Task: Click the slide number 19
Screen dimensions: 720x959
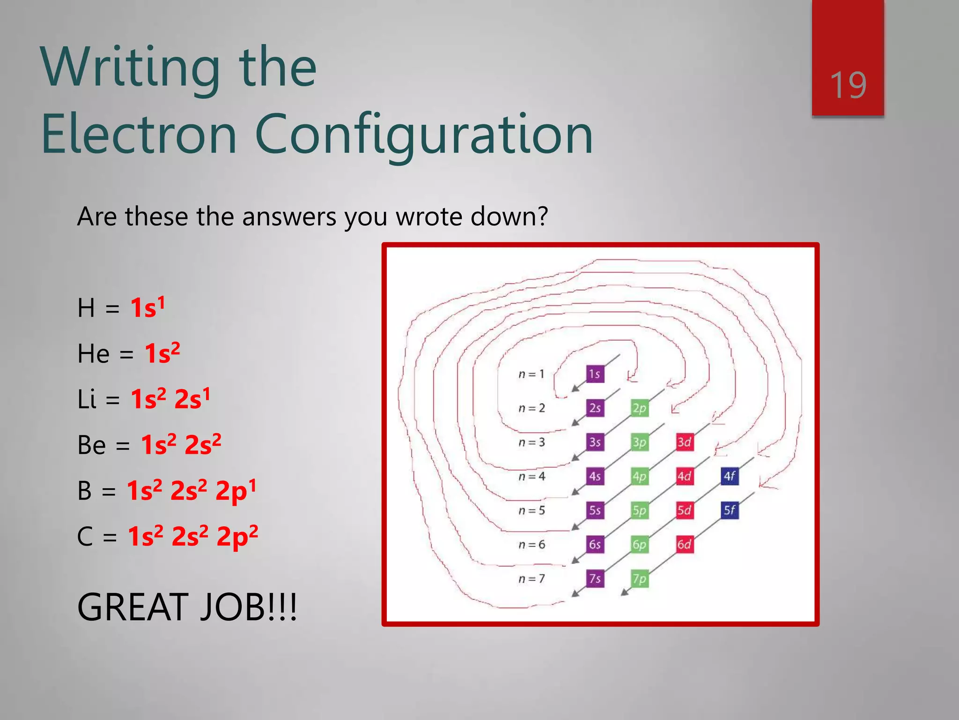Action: point(848,85)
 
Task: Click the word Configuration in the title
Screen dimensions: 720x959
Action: point(424,135)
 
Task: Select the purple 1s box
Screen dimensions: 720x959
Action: point(595,374)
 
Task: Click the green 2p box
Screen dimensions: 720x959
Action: point(640,408)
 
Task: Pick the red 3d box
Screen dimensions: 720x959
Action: point(684,442)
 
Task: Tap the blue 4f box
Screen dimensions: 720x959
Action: point(730,476)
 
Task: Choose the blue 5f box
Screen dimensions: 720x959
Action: point(730,510)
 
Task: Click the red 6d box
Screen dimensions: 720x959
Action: point(684,544)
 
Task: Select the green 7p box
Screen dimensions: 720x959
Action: point(640,578)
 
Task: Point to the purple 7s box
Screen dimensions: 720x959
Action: point(595,578)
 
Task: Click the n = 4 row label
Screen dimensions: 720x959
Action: point(531,477)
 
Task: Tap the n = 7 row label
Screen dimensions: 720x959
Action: point(531,579)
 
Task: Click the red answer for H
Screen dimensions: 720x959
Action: point(147,307)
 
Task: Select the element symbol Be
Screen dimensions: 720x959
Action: point(91,445)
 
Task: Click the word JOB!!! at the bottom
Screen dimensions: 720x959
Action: point(249,607)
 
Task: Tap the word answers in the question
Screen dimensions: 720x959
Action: point(289,217)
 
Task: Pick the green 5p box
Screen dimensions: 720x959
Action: point(640,510)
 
